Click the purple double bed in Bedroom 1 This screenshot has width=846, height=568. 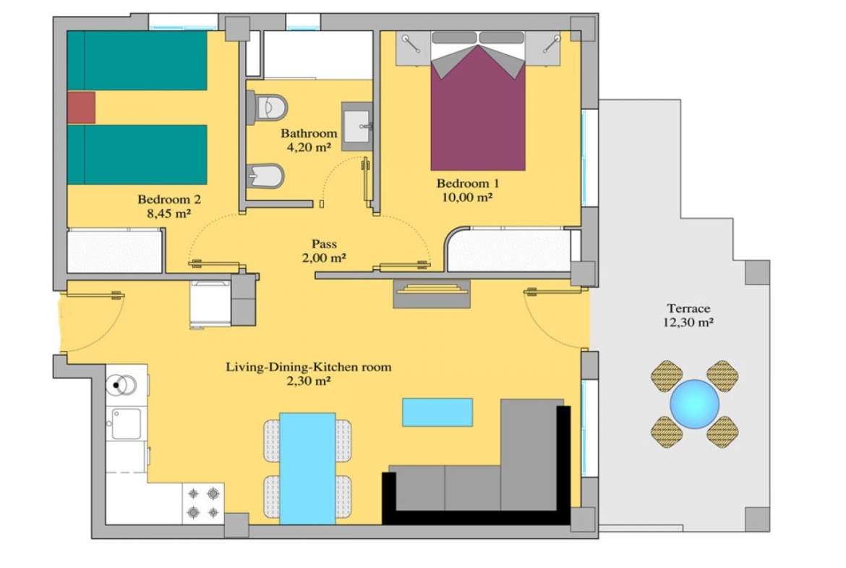[x=477, y=108]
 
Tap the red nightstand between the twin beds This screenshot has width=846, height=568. [x=81, y=107]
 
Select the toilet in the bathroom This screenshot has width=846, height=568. [x=267, y=107]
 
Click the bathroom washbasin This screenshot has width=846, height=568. [x=357, y=127]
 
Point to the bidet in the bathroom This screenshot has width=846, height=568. [x=265, y=176]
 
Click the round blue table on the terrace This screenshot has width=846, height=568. [x=694, y=404]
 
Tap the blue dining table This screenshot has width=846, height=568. [x=307, y=468]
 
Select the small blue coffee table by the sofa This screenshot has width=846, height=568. [x=437, y=412]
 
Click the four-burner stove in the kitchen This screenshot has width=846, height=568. [x=203, y=503]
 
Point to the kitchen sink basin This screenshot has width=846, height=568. [x=127, y=424]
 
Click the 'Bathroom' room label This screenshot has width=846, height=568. [x=309, y=133]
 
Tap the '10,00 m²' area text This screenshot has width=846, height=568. [x=467, y=198]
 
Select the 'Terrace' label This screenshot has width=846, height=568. [x=688, y=308]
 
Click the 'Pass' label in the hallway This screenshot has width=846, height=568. [x=324, y=244]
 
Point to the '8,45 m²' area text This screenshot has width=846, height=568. [x=169, y=213]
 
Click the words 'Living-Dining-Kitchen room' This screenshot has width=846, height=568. [x=309, y=367]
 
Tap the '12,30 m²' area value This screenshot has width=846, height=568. [x=688, y=323]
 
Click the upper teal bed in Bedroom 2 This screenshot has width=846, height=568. [x=137, y=61]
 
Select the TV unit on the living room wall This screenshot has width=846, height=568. [x=432, y=294]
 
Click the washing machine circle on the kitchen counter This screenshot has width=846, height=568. [x=121, y=385]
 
